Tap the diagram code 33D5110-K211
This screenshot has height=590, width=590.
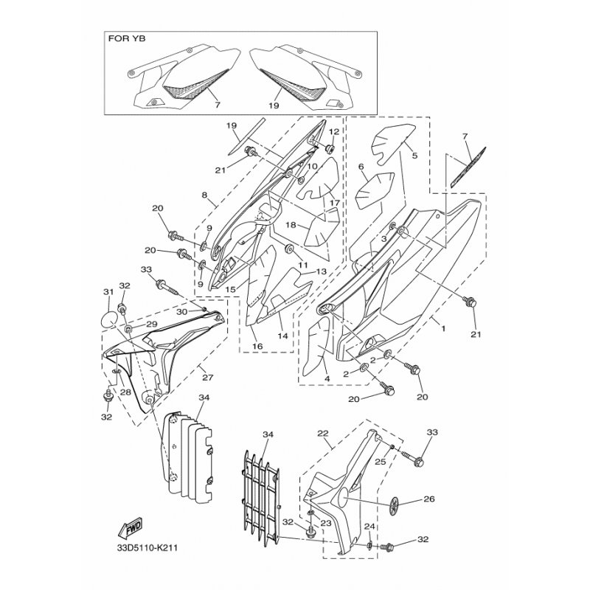pos(147,547)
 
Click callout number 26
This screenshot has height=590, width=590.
pos(429,499)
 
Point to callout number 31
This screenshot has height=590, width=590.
pos(108,291)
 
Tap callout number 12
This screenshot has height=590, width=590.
pos(334,132)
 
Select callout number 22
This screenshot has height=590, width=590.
pos(323,434)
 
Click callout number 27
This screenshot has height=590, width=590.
pos(207,378)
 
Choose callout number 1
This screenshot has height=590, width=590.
pos(443,328)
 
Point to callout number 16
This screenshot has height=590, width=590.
pos(257,346)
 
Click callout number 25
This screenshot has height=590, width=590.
pos(381,462)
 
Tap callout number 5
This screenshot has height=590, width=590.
pos(414,155)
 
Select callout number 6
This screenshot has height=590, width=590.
pos(361,167)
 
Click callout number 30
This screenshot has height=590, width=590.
pos(181,312)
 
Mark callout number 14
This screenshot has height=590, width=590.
pos(282,336)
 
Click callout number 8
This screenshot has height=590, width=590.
pos(204,195)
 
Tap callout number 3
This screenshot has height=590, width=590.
pos(383,238)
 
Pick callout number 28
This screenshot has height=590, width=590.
pos(125,392)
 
